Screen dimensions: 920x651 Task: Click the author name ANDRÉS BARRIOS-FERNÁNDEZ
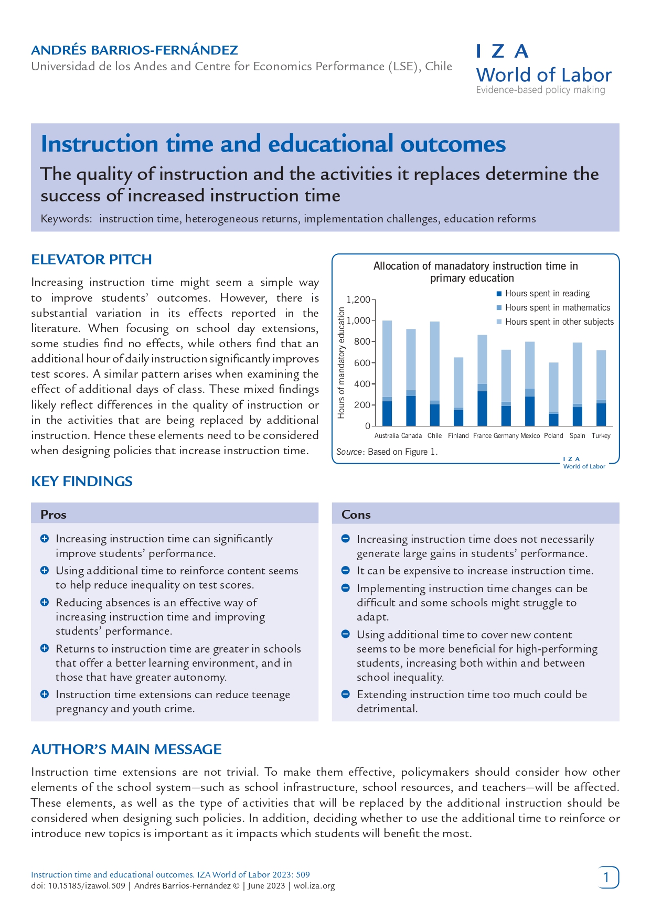pos(134,50)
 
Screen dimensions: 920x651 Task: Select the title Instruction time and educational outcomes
pos(273,144)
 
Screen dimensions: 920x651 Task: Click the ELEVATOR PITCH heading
pos(91,260)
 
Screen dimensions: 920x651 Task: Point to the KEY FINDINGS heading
pos(82,482)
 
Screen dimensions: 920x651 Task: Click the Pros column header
pos(54,515)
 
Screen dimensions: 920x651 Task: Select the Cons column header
pos(356,515)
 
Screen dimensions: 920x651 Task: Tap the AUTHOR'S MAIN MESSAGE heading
pos(126,750)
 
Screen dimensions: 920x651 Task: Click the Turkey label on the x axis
pos(601,436)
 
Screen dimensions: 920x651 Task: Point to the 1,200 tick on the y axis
pos(359,300)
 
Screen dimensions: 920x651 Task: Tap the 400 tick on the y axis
pos(361,384)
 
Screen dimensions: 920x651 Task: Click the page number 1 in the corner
pos(607,878)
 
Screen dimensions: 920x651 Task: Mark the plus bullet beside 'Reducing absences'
pos(45,602)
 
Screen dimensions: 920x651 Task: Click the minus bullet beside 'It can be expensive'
pos(346,571)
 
